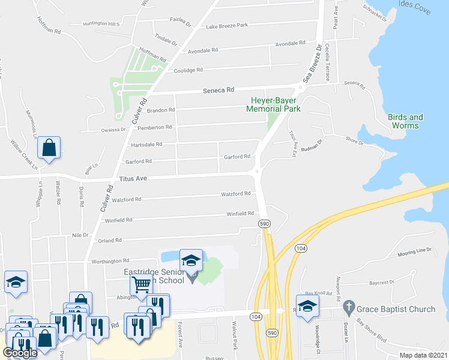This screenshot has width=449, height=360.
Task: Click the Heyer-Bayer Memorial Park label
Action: (x=273, y=104)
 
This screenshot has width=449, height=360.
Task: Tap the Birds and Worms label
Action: (x=405, y=121)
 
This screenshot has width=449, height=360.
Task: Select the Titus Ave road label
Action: (x=133, y=179)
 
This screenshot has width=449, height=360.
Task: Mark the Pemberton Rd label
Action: (x=155, y=127)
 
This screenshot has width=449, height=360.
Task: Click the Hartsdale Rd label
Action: (x=146, y=145)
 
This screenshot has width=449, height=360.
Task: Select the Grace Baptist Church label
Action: (x=397, y=310)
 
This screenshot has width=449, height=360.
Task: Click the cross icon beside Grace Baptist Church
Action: (x=348, y=309)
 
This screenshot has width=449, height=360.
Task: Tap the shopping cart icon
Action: (x=142, y=284)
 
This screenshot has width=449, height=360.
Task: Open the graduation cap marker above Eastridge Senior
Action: (x=191, y=260)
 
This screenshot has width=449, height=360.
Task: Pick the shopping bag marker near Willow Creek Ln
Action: (x=50, y=147)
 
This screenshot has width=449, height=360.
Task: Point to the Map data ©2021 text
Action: (x=423, y=355)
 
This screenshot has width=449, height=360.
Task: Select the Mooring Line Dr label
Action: (x=415, y=252)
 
